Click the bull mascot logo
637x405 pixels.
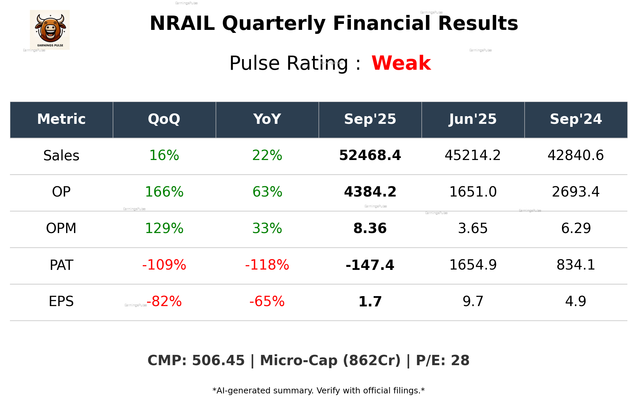pyautogui.click(x=50, y=30)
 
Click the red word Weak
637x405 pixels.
pyautogui.click(x=401, y=63)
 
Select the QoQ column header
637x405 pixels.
pyautogui.click(x=164, y=119)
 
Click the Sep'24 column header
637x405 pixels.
pyautogui.click(x=576, y=119)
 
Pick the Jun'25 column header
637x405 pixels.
pyautogui.click(x=473, y=119)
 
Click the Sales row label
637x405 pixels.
pyautogui.click(x=61, y=156)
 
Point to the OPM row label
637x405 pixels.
pyautogui.click(x=61, y=228)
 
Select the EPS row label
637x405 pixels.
pyautogui.click(x=61, y=301)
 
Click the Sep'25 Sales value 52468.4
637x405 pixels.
pyautogui.click(x=370, y=155)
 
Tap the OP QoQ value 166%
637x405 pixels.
pyautogui.click(x=164, y=192)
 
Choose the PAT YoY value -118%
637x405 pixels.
pyautogui.click(x=267, y=265)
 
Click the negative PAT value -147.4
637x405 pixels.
pyautogui.click(x=370, y=265)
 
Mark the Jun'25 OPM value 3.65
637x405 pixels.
pyautogui.click(x=473, y=228)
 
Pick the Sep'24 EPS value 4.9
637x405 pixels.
pyautogui.click(x=576, y=301)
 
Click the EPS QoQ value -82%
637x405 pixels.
pyautogui.click(x=164, y=301)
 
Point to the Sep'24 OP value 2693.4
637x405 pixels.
pyautogui.click(x=576, y=192)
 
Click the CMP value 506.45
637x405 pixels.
pyautogui.click(x=218, y=361)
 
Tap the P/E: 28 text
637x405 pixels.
pyautogui.click(x=442, y=361)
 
